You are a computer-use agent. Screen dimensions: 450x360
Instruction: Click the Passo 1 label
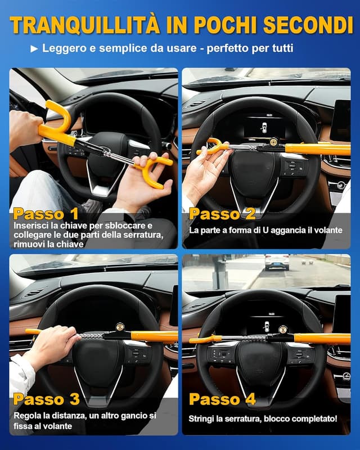click(46, 214)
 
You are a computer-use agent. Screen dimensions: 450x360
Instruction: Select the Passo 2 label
click(222, 214)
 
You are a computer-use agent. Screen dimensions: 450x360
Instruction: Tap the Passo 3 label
click(46, 399)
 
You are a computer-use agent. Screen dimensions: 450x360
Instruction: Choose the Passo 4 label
click(222, 399)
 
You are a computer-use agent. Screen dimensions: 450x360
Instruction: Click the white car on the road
click(277, 262)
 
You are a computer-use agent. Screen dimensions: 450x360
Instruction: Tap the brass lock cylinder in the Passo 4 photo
click(282, 330)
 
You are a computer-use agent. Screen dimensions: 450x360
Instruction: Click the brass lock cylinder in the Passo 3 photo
click(120, 327)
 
